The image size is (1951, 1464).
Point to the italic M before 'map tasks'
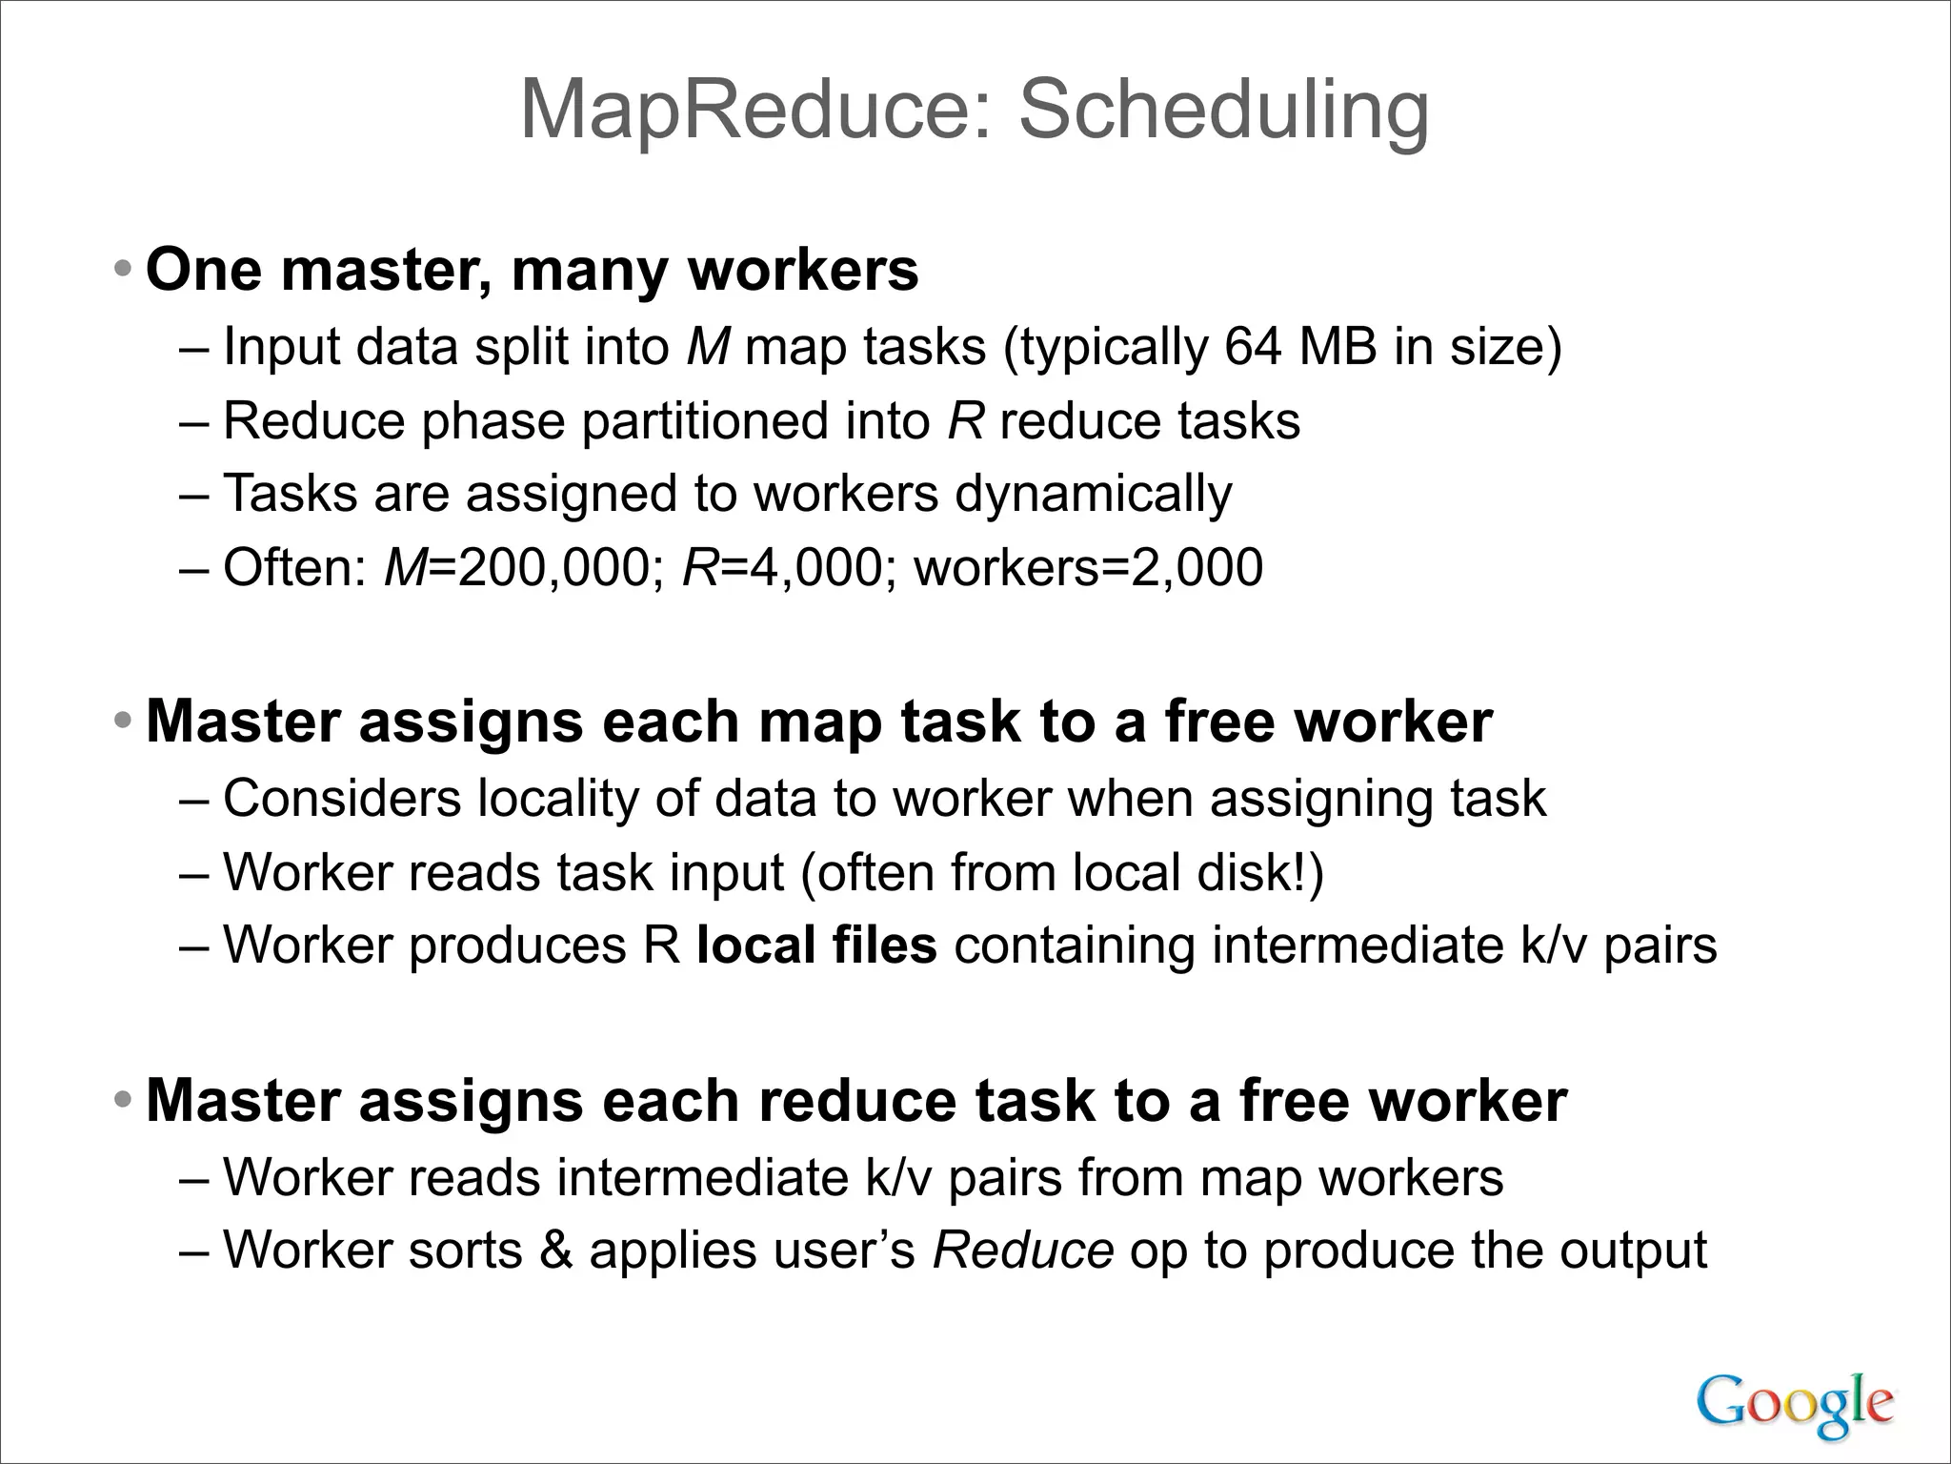coord(707,346)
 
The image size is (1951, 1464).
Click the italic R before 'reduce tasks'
coord(965,420)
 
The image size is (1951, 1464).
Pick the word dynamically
coord(1094,495)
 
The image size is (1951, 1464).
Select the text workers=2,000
coord(1088,568)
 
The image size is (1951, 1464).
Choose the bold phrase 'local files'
coord(816,945)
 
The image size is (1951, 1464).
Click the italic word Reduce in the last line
coord(1022,1250)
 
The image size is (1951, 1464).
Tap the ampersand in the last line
coord(556,1250)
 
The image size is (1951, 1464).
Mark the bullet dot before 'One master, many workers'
coord(122,270)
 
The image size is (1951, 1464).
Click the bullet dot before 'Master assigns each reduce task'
coord(122,1102)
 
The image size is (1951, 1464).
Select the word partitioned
coord(705,420)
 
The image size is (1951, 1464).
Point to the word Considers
coord(342,799)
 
